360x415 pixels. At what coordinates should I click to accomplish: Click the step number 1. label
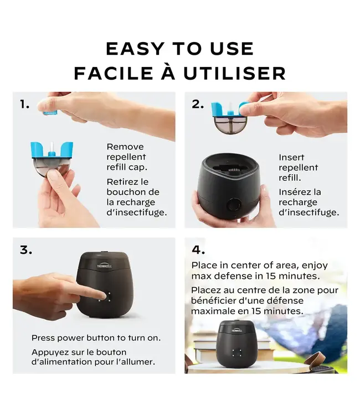24,104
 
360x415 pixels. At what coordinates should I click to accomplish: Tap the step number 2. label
198,104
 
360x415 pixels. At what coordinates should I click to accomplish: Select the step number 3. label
25,250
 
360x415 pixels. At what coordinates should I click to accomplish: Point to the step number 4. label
198,250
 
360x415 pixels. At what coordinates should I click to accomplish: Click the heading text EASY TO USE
179,49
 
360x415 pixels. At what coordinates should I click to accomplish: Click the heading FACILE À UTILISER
179,72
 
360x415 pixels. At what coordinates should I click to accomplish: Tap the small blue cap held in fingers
50,111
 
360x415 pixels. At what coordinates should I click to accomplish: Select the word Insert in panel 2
291,157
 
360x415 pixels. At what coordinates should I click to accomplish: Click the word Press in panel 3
43,338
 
